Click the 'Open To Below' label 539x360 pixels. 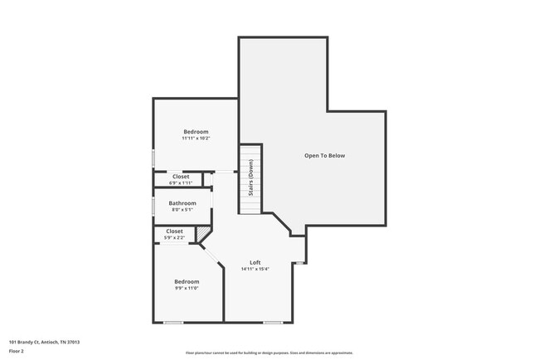pos(324,155)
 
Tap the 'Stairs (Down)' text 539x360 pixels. pos(250,175)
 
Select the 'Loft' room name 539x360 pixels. pos(255,262)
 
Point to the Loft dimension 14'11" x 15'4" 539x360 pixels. pos(255,269)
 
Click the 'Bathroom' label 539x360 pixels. pos(182,203)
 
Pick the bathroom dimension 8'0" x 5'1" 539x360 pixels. pos(182,210)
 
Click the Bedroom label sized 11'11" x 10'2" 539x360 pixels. pos(196,132)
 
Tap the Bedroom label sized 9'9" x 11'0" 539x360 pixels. pos(187,280)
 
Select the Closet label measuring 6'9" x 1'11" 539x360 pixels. pos(181,177)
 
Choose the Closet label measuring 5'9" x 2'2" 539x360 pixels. pos(175,231)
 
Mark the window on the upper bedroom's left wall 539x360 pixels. pos(153,157)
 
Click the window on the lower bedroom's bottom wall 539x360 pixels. pos(173,322)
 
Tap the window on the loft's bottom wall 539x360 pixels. pos(273,322)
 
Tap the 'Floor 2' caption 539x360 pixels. pos(17,351)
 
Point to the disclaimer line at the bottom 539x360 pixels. pos(269,353)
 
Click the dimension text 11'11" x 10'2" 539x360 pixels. pos(196,139)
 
